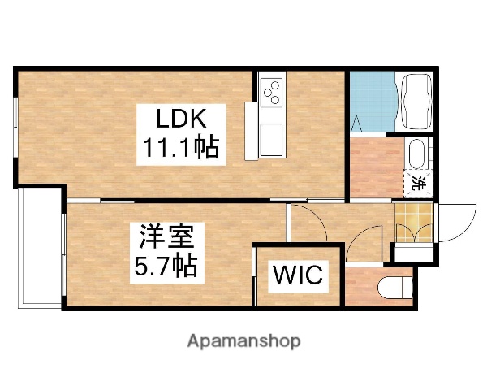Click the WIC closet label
295,275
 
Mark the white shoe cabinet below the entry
412,252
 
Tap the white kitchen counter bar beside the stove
251,130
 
